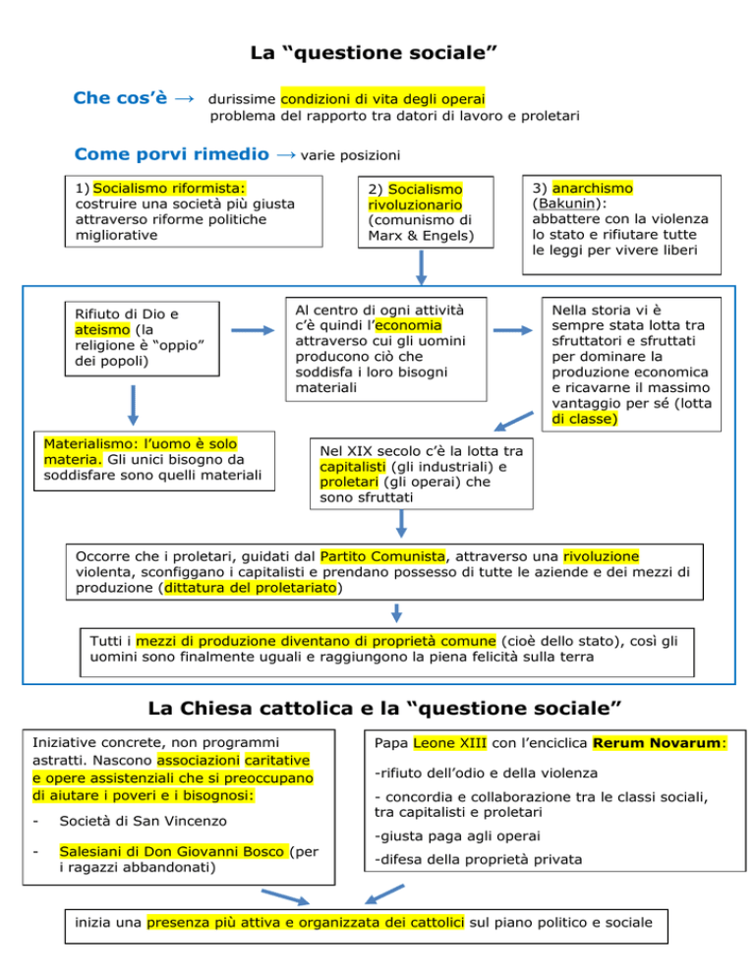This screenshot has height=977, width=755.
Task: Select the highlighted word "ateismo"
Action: tap(92, 330)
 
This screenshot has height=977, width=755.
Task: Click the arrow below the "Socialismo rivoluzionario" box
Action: tap(420, 263)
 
